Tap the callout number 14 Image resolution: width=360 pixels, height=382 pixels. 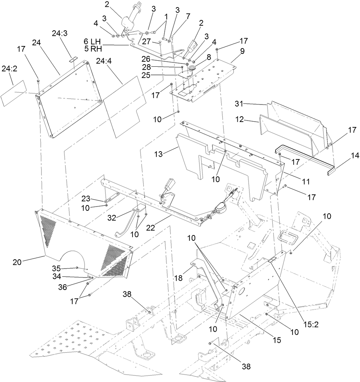pyautogui.click(x=345, y=155)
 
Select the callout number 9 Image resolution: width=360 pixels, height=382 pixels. pyautogui.click(x=242, y=51)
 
